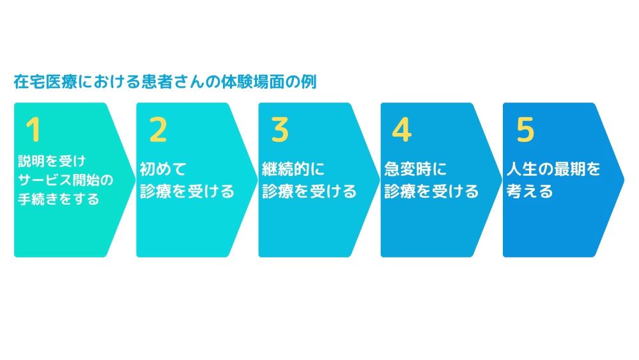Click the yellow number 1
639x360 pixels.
[x=33, y=130]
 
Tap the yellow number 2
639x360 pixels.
[x=158, y=130]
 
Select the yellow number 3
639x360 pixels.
[x=280, y=130]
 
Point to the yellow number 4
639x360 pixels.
[x=402, y=130]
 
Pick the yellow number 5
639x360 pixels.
[x=525, y=130]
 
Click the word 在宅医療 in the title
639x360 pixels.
[x=45, y=82]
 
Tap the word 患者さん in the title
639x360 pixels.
[x=173, y=82]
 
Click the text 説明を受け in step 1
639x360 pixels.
[x=52, y=161]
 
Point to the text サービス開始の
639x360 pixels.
[x=66, y=180]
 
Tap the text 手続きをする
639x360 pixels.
[x=59, y=199]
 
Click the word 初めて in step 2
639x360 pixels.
[x=163, y=169]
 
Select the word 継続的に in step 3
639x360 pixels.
[x=293, y=169]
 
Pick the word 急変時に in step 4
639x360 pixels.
[x=415, y=169]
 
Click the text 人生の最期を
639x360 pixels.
[x=553, y=169]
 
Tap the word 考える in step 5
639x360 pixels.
[x=529, y=191]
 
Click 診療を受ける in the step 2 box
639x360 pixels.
[x=187, y=191]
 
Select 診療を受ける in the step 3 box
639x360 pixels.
[x=309, y=191]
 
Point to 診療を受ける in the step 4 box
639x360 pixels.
[x=431, y=191]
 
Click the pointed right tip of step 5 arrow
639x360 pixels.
[x=624, y=180]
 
